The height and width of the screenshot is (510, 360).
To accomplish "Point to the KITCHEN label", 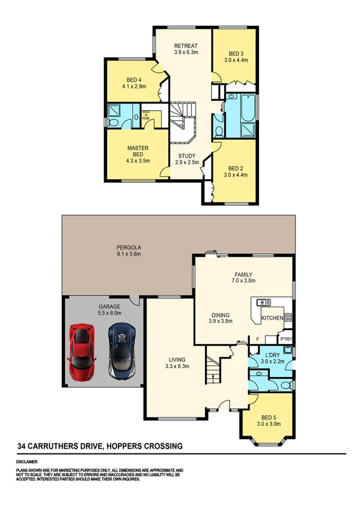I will [272, 318].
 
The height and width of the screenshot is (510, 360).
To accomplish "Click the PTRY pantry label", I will [286, 339].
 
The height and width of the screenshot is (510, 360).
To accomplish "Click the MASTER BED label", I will [138, 150].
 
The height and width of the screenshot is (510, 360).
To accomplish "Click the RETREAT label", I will [186, 46].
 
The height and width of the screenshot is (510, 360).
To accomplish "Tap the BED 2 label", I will [236, 168].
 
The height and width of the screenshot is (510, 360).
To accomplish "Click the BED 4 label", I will [134, 81].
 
